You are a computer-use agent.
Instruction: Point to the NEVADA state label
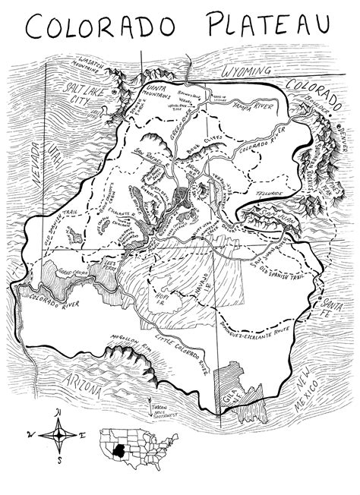(x=35, y=170)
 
